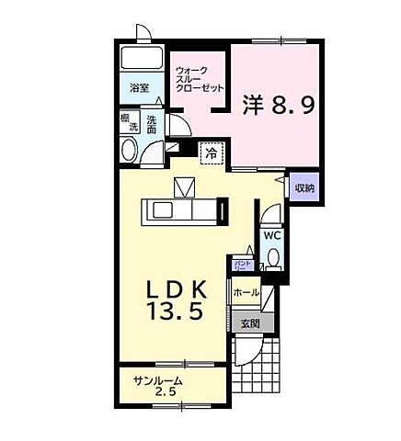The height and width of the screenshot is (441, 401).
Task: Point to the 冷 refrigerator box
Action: pyautogui.click(x=212, y=152)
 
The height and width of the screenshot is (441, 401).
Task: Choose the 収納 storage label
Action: pyautogui.click(x=304, y=187)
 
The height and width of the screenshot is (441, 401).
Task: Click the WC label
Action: pyautogui.click(x=272, y=235)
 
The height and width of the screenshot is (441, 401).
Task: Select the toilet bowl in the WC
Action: pyautogui.click(x=272, y=260)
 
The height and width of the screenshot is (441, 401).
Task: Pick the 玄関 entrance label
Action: pyautogui.click(x=250, y=322)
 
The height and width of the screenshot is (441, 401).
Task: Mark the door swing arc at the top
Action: pyautogui.click(x=142, y=31)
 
